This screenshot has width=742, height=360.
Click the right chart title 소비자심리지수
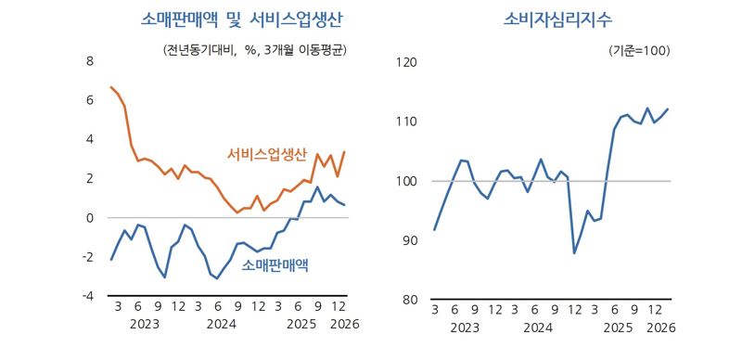pyautogui.click(x=552, y=19)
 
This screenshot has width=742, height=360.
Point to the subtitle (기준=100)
pyautogui.click(x=639, y=50)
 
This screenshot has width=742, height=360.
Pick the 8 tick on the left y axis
pyautogui.click(x=90, y=62)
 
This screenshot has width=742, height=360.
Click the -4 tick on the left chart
pyautogui.click(x=87, y=297)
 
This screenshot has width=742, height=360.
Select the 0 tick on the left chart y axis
pyautogui.click(x=90, y=218)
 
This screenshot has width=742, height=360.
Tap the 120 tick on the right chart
pyautogui.click(x=407, y=62)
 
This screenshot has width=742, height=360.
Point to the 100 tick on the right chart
pyautogui.click(x=407, y=181)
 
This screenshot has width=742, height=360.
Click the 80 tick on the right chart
pyautogui.click(x=410, y=300)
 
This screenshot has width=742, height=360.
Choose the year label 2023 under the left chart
pyautogui.click(x=145, y=325)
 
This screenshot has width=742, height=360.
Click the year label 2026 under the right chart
pyautogui.click(x=660, y=328)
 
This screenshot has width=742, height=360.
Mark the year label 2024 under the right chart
pyautogui.click(x=539, y=328)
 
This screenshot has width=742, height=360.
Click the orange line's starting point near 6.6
pyautogui.click(x=111, y=87)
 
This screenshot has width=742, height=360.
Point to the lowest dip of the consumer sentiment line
pyautogui.click(x=574, y=253)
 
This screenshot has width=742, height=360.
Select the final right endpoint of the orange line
pyautogui.click(x=345, y=151)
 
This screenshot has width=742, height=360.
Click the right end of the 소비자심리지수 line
pyautogui.click(x=668, y=109)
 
